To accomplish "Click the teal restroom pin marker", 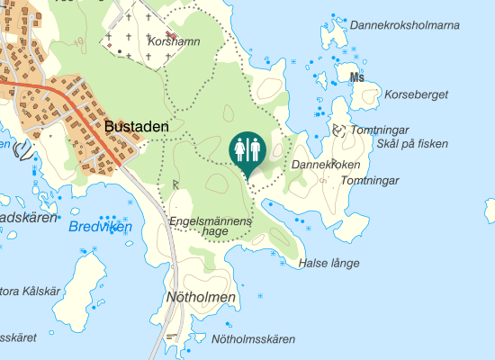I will [248, 151].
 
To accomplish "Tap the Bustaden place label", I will [137, 128].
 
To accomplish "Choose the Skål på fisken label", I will [412, 144].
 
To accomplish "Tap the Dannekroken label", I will [326, 165].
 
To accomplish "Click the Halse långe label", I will [328, 263].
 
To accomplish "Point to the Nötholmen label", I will [201, 296].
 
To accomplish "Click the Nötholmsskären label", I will [253, 339].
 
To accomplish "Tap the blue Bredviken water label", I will [100, 227].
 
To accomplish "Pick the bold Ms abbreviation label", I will [357, 77].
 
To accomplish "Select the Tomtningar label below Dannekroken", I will [370, 181].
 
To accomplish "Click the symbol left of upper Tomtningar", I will [338, 130].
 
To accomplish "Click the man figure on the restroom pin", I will [256, 148].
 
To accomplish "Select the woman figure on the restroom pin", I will [241, 148].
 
